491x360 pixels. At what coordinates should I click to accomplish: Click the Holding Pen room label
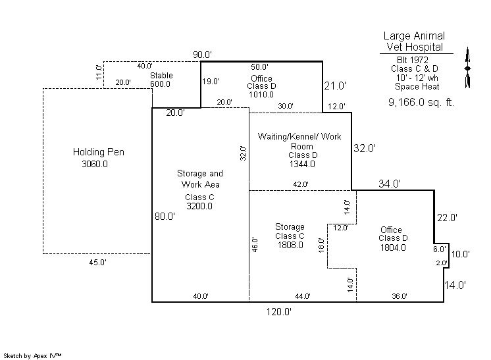click(98, 152)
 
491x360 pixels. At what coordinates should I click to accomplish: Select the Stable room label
click(161, 76)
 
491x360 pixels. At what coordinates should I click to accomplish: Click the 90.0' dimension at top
click(202, 54)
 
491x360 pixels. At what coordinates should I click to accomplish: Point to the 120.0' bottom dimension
click(279, 312)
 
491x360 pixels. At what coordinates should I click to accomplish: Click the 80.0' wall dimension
click(165, 216)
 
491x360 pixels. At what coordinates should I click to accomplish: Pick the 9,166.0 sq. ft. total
click(421, 103)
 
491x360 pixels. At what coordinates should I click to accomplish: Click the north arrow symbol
click(467, 68)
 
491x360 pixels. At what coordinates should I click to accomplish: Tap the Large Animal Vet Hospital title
click(415, 41)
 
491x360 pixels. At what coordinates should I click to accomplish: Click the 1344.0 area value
click(302, 164)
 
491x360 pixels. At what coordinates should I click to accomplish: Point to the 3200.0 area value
click(199, 206)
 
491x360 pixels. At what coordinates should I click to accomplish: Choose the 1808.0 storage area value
click(290, 245)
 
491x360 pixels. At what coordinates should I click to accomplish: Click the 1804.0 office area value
click(393, 247)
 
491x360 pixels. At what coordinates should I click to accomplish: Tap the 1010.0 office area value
click(261, 94)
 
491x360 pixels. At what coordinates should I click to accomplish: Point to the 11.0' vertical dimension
click(99, 71)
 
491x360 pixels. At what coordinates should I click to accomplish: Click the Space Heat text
click(417, 86)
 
